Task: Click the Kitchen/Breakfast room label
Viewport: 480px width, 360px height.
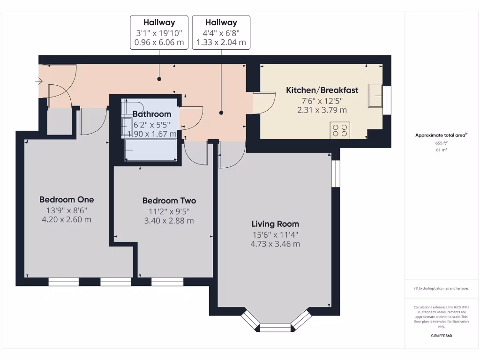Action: click(322, 90)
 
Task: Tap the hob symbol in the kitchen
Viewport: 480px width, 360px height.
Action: click(340, 130)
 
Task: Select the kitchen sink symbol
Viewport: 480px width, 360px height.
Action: click(375, 95)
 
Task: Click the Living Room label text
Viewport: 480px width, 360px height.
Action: click(275, 224)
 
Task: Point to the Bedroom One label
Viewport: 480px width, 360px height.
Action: click(67, 199)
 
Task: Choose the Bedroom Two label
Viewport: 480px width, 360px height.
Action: click(169, 201)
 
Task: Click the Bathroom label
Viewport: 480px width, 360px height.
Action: click(151, 114)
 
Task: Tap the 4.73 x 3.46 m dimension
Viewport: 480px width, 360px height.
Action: click(275, 244)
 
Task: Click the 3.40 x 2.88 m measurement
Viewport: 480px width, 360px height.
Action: click(169, 221)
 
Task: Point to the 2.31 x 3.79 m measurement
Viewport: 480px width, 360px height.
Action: click(322, 110)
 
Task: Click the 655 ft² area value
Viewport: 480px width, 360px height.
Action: click(442, 143)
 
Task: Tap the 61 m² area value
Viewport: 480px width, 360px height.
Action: click(442, 150)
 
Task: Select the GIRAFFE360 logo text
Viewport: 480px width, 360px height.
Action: click(442, 336)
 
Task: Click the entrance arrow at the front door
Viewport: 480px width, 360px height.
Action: click(38, 82)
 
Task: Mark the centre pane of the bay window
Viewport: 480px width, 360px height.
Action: click(275, 327)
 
